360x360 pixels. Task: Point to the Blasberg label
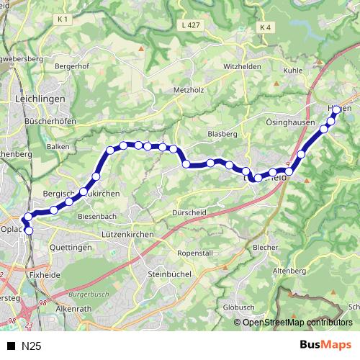(x=222, y=134)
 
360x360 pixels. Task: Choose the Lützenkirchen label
(x=128, y=235)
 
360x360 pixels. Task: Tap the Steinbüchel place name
(x=168, y=274)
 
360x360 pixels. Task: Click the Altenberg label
(x=292, y=270)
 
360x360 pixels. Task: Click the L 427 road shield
(x=190, y=25)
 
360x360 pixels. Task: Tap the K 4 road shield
(x=266, y=28)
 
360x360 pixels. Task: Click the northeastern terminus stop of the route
(x=336, y=110)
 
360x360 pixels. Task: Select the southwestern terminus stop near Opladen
(x=30, y=230)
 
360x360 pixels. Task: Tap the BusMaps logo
(x=325, y=346)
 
